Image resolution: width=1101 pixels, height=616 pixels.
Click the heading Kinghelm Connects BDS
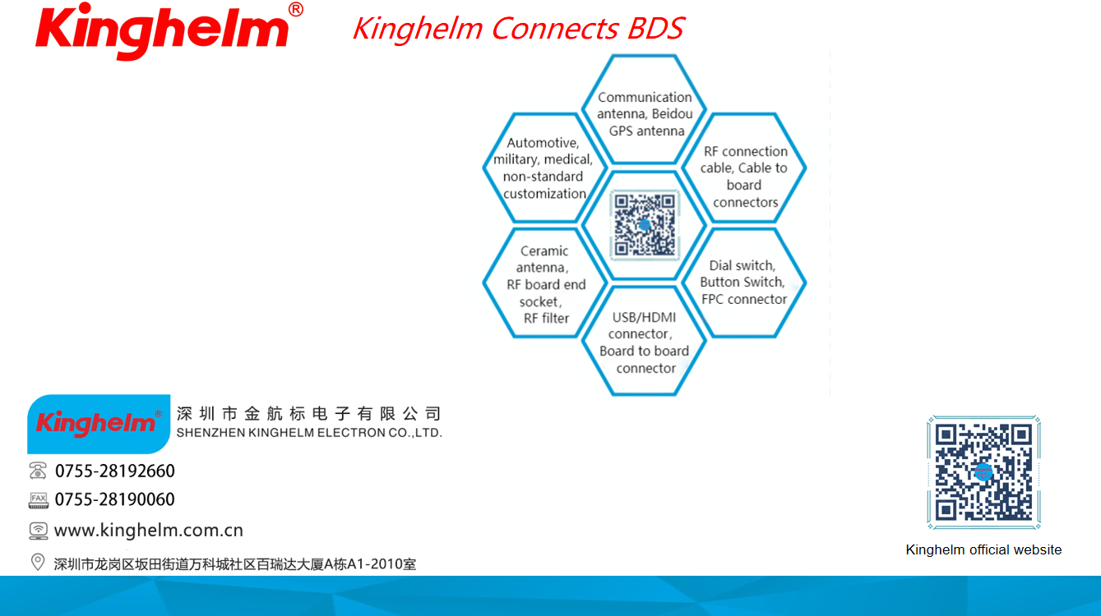click(519, 28)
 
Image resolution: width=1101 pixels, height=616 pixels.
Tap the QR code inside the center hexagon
click(645, 225)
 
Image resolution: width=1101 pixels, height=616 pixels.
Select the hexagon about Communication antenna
click(645, 109)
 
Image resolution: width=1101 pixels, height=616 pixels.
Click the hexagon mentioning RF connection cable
click(744, 168)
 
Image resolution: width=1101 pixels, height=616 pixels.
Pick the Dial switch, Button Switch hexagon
click(744, 283)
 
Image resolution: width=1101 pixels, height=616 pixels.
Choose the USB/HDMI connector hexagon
click(645, 341)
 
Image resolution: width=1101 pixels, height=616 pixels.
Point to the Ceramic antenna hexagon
click(545, 283)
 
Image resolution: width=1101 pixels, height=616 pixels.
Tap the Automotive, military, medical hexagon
click(545, 168)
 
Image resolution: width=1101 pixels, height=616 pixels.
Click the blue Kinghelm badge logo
click(99, 424)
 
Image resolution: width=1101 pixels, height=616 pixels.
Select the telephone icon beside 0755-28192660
click(38, 471)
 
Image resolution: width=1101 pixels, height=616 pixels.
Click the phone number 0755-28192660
click(114, 471)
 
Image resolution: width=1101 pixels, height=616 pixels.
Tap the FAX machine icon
click(39, 500)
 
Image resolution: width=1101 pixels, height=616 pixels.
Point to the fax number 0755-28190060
click(114, 499)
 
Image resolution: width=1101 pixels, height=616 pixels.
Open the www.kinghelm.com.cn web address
click(149, 530)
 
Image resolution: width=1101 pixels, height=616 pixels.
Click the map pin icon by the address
click(38, 562)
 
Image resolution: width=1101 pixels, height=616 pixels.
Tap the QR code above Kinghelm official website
click(983, 472)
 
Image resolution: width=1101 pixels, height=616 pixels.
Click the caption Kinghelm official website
click(983, 549)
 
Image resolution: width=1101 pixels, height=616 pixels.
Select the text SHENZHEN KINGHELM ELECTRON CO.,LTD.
click(309, 433)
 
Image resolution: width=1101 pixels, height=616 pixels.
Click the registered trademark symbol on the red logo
click(296, 9)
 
